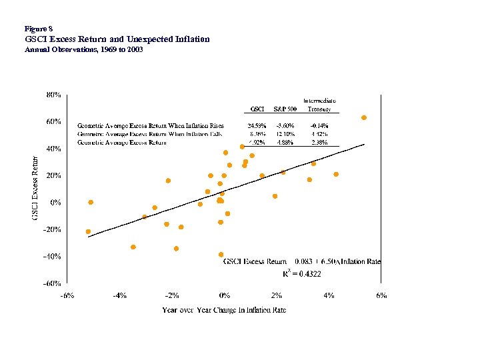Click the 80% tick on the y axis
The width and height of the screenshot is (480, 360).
coord(54,95)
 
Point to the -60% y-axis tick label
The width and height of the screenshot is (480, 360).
coord(53,283)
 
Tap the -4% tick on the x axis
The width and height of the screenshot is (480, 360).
coord(119,295)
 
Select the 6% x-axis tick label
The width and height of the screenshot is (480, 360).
coord(381,295)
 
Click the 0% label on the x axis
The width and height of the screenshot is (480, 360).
coord(225,295)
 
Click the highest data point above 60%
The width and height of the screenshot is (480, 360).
coord(364,118)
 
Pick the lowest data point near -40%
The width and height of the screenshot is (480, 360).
coord(221,255)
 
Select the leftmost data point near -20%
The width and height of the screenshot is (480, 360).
coord(88,231)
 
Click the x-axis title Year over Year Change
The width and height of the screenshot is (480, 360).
coord(224,311)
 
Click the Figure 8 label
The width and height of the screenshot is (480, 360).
coord(37,29)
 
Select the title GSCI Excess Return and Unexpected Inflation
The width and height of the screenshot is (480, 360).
coord(117,39)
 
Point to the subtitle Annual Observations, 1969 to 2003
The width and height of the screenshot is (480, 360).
coord(83,50)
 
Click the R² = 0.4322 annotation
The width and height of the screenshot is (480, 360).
coord(301,273)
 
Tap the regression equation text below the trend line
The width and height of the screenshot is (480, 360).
coord(301,262)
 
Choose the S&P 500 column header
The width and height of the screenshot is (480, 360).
coord(285,109)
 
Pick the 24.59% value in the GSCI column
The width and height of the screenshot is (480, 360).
coord(257,125)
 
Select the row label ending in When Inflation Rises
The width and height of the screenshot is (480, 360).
coord(151,125)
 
